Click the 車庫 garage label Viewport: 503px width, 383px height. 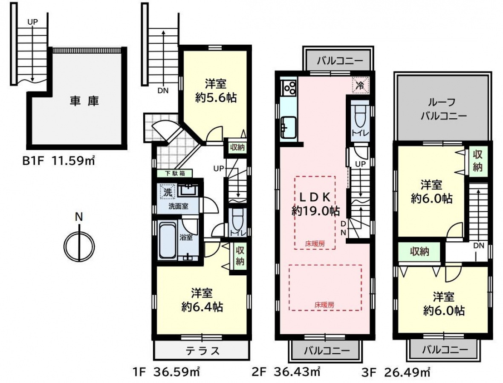(84, 101)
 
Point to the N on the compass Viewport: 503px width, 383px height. (79, 217)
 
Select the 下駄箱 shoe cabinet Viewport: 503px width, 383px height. (175, 174)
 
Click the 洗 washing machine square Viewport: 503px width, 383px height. (168, 192)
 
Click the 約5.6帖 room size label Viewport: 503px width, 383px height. (216, 98)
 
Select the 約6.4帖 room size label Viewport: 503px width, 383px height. (202, 307)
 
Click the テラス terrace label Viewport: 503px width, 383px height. (203, 351)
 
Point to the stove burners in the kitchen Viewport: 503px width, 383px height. (289, 88)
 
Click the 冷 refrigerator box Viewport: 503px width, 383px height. (360, 85)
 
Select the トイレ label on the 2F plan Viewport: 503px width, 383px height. (360, 133)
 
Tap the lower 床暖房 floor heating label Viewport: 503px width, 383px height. (324, 305)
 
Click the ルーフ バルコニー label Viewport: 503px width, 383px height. (443, 109)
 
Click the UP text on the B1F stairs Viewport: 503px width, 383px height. (32, 22)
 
